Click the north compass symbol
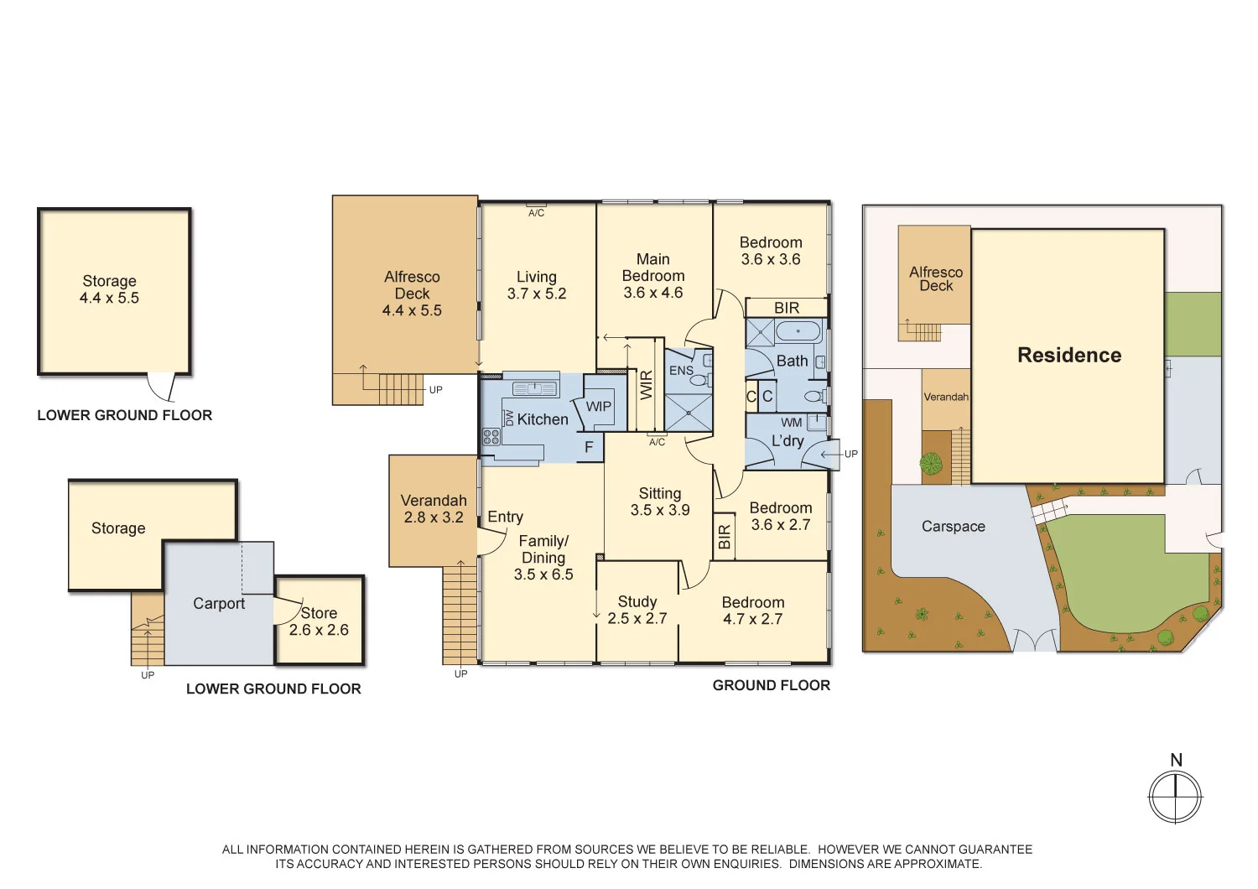tap(1175, 796)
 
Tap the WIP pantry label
tap(598, 407)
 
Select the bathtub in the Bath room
tap(798, 330)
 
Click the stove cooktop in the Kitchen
tap(491, 436)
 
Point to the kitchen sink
tap(534, 388)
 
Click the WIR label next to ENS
tap(647, 385)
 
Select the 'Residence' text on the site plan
tap(1068, 356)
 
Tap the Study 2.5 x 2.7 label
tap(637, 611)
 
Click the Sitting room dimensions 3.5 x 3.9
tap(660, 510)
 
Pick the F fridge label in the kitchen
tap(589, 447)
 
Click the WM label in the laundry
tap(791, 423)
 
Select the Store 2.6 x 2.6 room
tap(319, 621)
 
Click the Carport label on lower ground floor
tap(219, 604)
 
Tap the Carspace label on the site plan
tap(953, 527)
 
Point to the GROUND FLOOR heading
tap(771, 685)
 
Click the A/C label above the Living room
tap(536, 213)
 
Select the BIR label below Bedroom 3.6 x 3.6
tap(786, 308)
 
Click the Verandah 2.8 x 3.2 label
tap(434, 509)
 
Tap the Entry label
tap(505, 517)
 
